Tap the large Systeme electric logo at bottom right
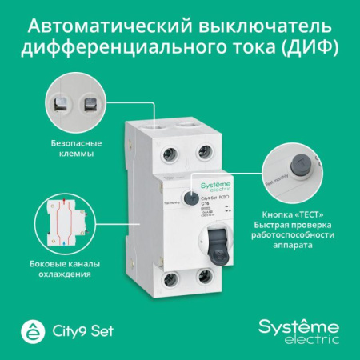(297, 328)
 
